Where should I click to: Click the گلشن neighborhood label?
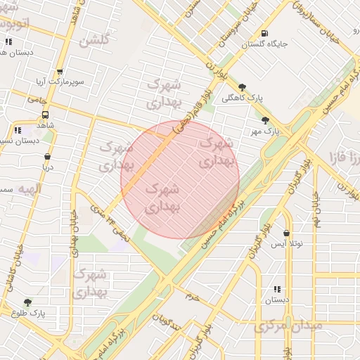[94, 41]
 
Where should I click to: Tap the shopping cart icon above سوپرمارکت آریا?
[60, 71]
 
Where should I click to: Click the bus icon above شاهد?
[46, 115]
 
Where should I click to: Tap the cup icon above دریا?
[47, 157]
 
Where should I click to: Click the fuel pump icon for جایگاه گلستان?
[264, 33]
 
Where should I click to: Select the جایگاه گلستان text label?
[264, 44]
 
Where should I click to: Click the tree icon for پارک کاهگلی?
[242, 86]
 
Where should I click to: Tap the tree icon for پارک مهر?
[265, 120]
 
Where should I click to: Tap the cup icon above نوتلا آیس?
[287, 233]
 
